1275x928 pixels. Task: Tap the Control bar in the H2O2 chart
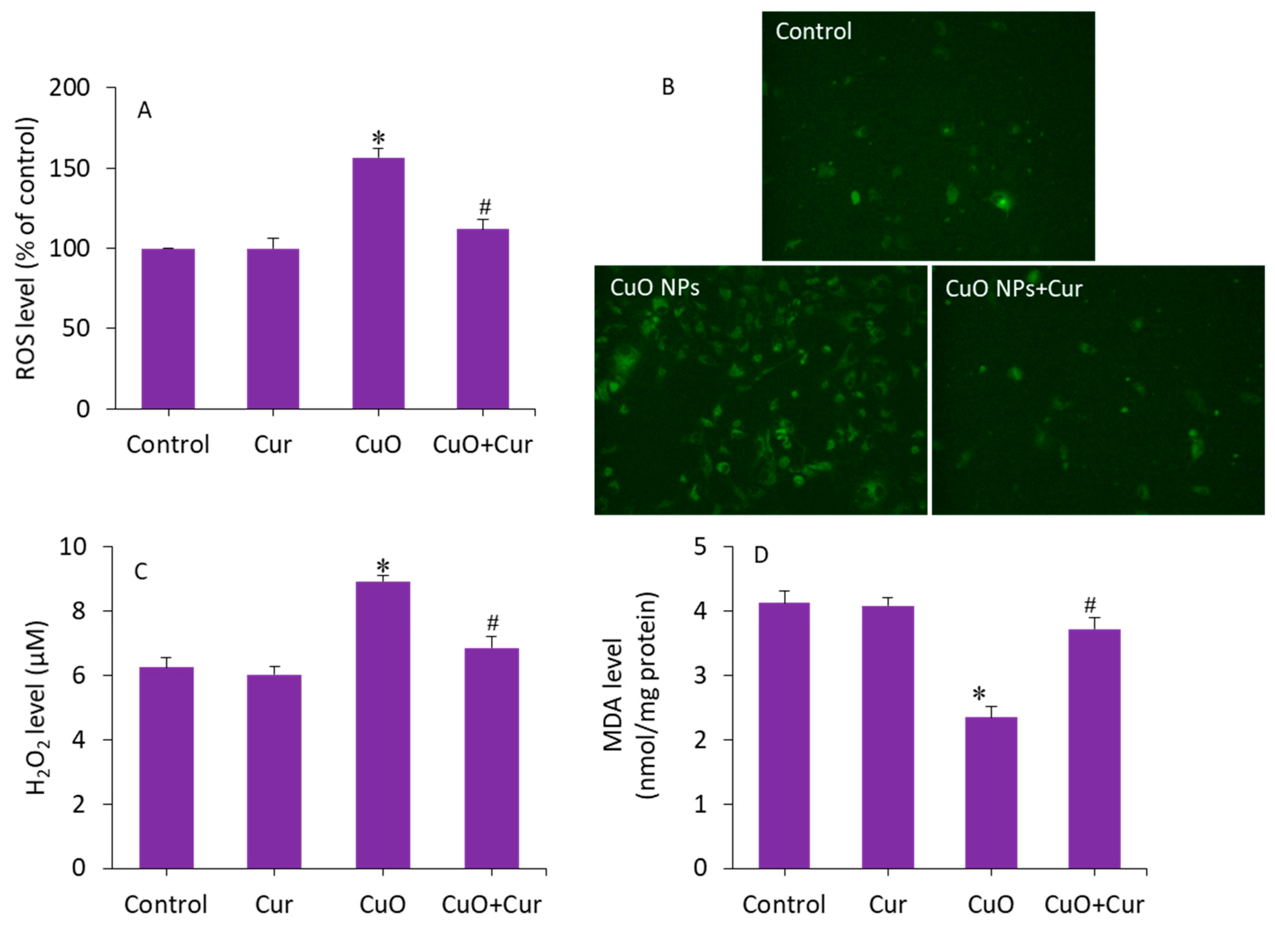point(166,768)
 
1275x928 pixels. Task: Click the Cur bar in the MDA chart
point(888,737)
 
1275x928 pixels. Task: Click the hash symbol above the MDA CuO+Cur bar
point(1089,605)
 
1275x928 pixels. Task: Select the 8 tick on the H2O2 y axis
point(79,611)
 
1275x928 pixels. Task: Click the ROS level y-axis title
point(26,248)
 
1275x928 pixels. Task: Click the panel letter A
point(144,111)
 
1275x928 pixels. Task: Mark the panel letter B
point(668,87)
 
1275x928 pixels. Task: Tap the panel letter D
point(761,555)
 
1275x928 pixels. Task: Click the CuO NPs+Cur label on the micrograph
point(1013,289)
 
